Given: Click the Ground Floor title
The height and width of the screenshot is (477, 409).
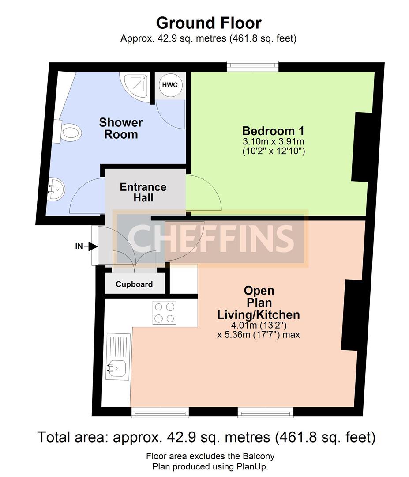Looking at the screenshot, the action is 208,23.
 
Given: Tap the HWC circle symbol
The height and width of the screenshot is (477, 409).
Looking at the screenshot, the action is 169,84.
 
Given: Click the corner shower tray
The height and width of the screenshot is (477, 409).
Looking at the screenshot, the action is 135,87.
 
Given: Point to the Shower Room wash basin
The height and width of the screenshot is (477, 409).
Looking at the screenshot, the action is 56,189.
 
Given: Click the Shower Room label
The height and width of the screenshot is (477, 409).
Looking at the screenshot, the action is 121,129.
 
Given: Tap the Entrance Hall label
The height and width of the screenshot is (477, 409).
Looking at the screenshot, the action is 143,192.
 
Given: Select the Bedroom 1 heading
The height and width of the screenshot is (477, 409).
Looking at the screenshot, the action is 273,131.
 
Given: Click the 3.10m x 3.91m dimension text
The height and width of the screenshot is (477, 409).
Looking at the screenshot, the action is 274,141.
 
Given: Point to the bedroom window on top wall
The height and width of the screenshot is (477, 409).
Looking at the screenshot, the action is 252,66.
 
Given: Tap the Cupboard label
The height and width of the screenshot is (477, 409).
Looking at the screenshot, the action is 134,284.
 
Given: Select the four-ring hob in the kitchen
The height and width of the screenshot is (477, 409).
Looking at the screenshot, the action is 165,312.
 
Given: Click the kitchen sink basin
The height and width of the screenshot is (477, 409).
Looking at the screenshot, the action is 116,369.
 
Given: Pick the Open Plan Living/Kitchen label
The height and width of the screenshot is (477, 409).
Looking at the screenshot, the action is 259,303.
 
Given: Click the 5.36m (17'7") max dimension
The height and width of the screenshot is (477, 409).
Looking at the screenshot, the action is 259,335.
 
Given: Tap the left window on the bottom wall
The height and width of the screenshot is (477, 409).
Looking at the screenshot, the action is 160,412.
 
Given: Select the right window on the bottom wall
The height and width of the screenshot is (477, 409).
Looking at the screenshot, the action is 266,412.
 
